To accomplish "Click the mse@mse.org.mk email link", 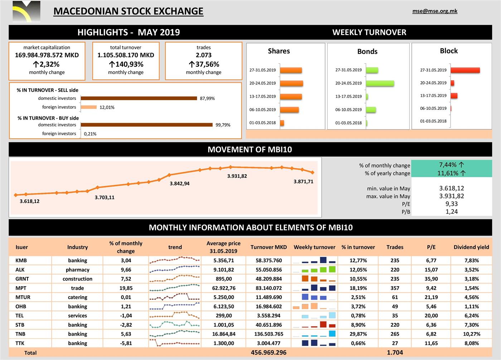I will (435, 11).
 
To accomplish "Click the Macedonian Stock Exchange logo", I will (26, 11).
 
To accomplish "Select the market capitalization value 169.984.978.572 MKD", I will (47, 55).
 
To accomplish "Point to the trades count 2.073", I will (204, 55).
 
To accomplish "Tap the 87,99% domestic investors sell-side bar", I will (139, 98).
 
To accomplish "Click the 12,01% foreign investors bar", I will (89, 107).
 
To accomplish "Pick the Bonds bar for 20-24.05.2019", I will (380, 83).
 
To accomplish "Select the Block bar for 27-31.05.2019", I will (465, 70).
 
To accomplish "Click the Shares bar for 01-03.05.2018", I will (282, 123).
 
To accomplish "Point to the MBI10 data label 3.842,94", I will (180, 184).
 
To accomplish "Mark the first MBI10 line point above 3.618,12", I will (15, 195).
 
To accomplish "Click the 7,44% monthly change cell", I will (452, 165).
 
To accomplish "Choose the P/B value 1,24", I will (452, 211).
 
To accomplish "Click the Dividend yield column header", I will (471, 247).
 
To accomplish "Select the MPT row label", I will (21, 288).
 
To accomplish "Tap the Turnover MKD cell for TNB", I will (268, 334).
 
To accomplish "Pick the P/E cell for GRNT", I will (431, 279).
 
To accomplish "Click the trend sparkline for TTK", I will (175, 343).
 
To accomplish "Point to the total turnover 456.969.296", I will (268, 352).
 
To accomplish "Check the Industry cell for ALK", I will (77, 270).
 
